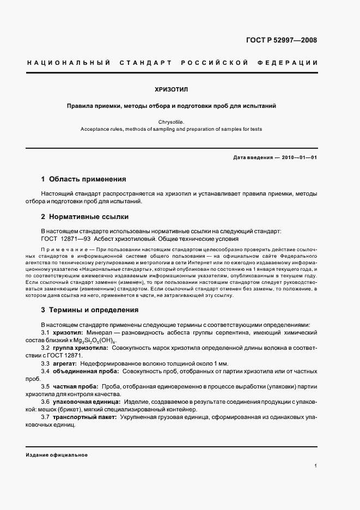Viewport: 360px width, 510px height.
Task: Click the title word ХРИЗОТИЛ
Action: [172, 89]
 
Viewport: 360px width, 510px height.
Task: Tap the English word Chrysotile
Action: [172, 122]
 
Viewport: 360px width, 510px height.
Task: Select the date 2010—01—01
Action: [298, 157]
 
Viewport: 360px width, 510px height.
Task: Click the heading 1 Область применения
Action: [84, 179]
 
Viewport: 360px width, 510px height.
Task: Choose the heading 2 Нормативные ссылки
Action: [84, 216]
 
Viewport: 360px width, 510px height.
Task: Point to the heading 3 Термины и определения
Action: [90, 310]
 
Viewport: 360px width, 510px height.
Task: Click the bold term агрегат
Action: [65, 363]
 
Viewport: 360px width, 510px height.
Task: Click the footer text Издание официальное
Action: [57, 454]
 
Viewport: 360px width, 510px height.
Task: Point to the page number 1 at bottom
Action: [316, 466]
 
